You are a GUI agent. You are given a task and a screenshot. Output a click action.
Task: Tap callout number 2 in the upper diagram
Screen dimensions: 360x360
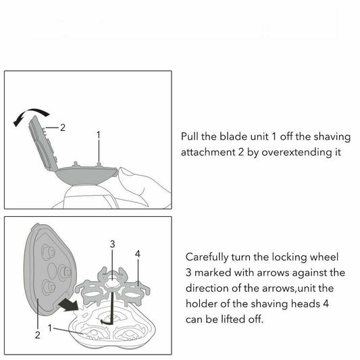click(63, 128)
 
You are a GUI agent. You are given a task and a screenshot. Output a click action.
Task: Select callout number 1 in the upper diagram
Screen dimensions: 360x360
click(99, 135)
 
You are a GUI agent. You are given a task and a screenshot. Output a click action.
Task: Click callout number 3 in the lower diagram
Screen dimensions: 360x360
click(112, 244)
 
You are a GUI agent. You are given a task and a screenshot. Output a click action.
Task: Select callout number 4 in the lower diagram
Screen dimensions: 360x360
click(138, 254)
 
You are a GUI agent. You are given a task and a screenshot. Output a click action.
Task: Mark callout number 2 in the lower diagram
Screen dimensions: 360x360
click(38, 335)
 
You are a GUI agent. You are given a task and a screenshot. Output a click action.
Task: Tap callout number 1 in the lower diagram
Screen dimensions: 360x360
click(50, 328)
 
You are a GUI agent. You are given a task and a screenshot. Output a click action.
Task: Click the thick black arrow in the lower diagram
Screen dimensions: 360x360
click(69, 305)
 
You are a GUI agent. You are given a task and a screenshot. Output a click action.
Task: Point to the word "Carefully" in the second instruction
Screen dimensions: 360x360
click(207, 257)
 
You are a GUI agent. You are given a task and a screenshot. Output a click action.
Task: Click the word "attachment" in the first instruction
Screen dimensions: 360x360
click(208, 153)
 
